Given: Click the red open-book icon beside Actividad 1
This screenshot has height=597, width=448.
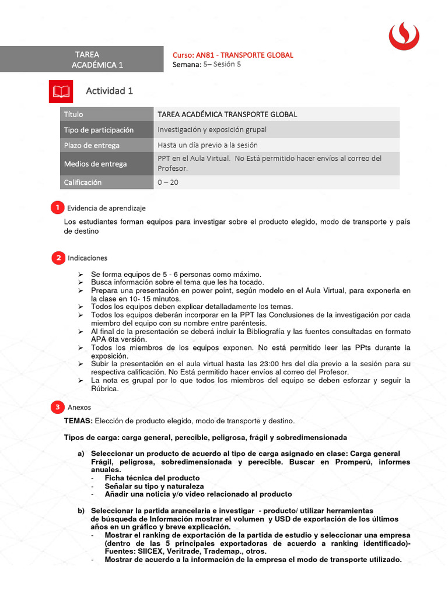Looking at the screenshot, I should pyautogui.click(x=61, y=91).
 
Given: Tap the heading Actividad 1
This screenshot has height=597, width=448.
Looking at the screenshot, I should pyautogui.click(x=110, y=91).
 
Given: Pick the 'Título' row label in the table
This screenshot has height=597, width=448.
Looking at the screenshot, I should pyautogui.click(x=73, y=114).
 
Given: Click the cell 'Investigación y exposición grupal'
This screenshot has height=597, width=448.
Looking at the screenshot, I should pyautogui.click(x=212, y=130).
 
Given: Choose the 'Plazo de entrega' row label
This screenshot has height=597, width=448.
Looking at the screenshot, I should pyautogui.click(x=92, y=145).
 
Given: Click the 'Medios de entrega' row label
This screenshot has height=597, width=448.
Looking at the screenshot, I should pyautogui.click(x=95, y=164).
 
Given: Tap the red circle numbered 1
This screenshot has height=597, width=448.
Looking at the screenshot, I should pyautogui.click(x=57, y=208).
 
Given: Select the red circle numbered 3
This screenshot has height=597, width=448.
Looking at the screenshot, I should pyautogui.click(x=57, y=407).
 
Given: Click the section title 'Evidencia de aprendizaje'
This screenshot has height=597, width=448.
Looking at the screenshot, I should pyautogui.click(x=106, y=208).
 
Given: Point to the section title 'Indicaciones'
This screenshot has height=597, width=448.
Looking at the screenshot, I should pyautogui.click(x=87, y=258).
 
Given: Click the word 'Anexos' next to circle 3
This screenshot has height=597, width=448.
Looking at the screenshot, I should pyautogui.click(x=79, y=408).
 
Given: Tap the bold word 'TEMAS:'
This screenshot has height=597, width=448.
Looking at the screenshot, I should pyautogui.click(x=78, y=420).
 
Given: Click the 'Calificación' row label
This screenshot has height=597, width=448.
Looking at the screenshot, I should pyautogui.click(x=83, y=182).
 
